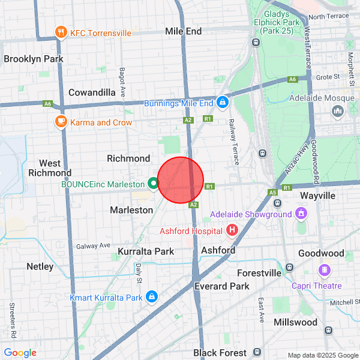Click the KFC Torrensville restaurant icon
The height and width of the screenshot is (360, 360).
(x=61, y=32)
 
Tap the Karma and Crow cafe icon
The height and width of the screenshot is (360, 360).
(x=61, y=122)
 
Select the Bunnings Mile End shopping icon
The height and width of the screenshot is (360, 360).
(x=223, y=103)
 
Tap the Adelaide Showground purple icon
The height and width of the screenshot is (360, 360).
(x=301, y=214)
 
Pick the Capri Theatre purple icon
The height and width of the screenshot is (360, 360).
(x=325, y=270)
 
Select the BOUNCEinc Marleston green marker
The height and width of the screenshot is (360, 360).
(x=154, y=184)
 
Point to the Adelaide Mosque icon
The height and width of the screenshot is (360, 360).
(x=338, y=111)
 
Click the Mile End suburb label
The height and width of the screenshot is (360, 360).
(x=183, y=31)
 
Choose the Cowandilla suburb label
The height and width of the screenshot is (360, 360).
(x=92, y=92)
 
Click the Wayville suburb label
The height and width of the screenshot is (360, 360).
(x=317, y=196)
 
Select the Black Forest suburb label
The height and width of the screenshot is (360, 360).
(x=220, y=352)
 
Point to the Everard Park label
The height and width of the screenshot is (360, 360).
(x=222, y=286)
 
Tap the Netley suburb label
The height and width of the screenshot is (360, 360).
(x=40, y=266)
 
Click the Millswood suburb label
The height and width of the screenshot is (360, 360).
(x=295, y=322)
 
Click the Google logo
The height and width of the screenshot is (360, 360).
(x=20, y=353)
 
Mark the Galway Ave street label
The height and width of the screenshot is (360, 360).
(x=93, y=245)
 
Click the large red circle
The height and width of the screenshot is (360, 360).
(x=181, y=180)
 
